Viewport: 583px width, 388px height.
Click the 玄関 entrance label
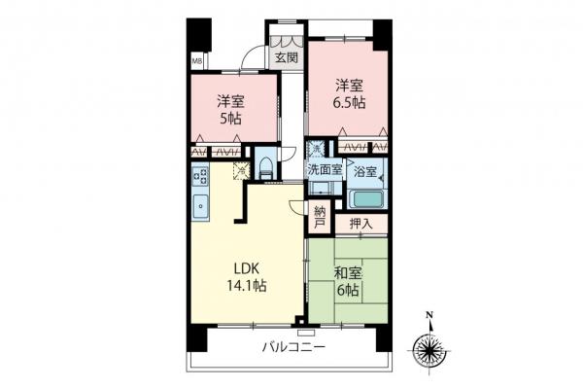(x=286, y=57)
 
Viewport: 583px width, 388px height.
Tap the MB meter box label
(x=195, y=60)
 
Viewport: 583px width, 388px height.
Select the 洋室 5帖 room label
(x=229, y=108)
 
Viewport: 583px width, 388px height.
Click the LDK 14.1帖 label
(x=248, y=276)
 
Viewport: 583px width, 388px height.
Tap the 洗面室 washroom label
(x=325, y=169)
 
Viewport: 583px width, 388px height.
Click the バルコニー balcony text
(x=292, y=347)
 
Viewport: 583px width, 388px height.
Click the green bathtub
(x=366, y=199)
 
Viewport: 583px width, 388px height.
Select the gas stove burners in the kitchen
(x=200, y=176)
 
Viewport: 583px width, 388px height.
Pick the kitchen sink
(x=200, y=205)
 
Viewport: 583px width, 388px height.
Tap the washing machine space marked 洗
(x=316, y=149)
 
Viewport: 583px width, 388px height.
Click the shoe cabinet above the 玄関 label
(x=286, y=41)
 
